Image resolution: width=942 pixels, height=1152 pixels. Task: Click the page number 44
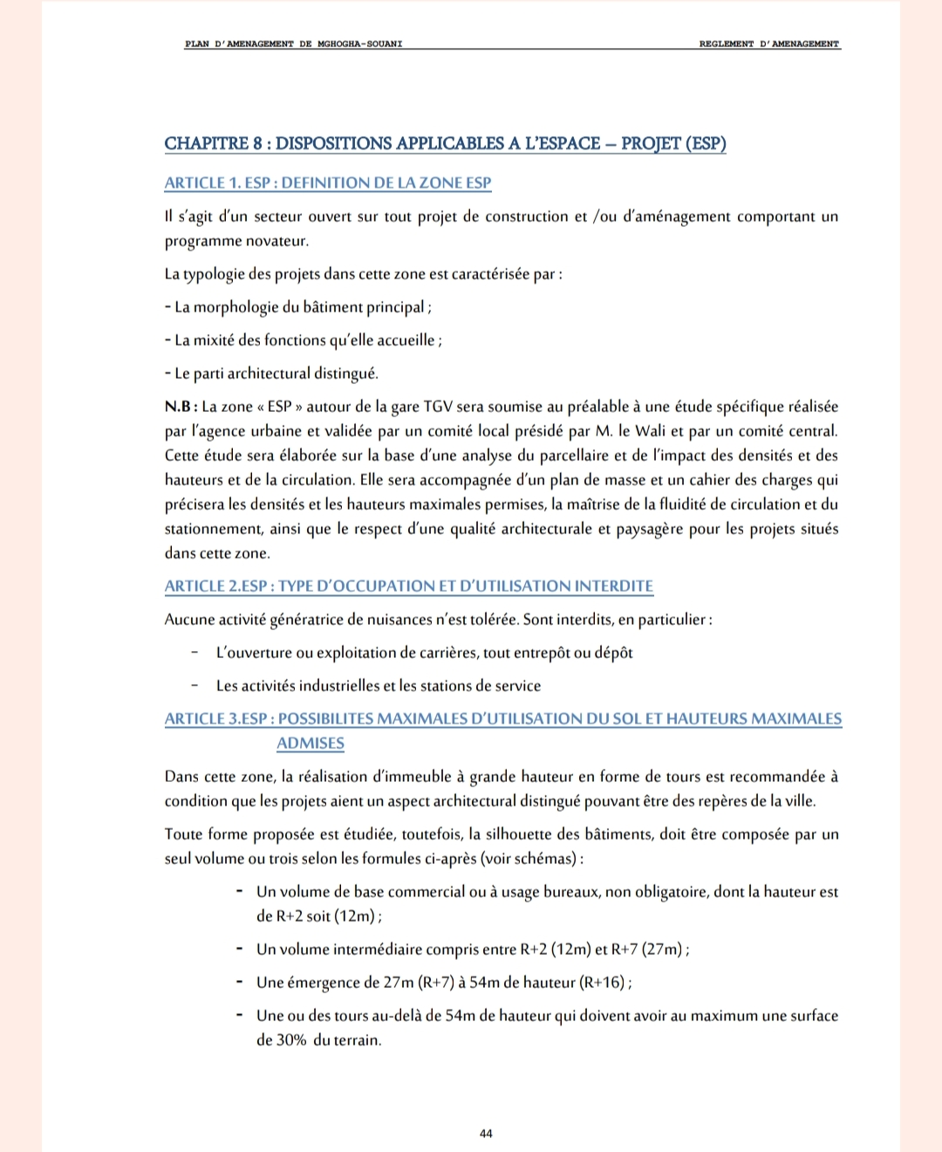(x=486, y=1133)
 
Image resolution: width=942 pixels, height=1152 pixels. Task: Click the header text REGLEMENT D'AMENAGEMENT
(x=769, y=44)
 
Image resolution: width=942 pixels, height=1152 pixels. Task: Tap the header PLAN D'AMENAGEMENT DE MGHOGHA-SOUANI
(x=293, y=44)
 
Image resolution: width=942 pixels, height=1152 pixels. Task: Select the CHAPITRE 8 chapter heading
(x=445, y=143)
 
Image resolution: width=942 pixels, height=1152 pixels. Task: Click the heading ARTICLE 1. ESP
(x=328, y=182)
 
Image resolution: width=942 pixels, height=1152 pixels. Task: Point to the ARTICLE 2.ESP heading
(x=408, y=586)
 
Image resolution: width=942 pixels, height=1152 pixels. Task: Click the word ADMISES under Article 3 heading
(x=311, y=743)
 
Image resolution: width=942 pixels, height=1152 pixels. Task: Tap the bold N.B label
(x=181, y=407)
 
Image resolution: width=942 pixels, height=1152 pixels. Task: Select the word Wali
(x=650, y=431)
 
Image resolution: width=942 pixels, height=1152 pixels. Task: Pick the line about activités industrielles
(x=379, y=686)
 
